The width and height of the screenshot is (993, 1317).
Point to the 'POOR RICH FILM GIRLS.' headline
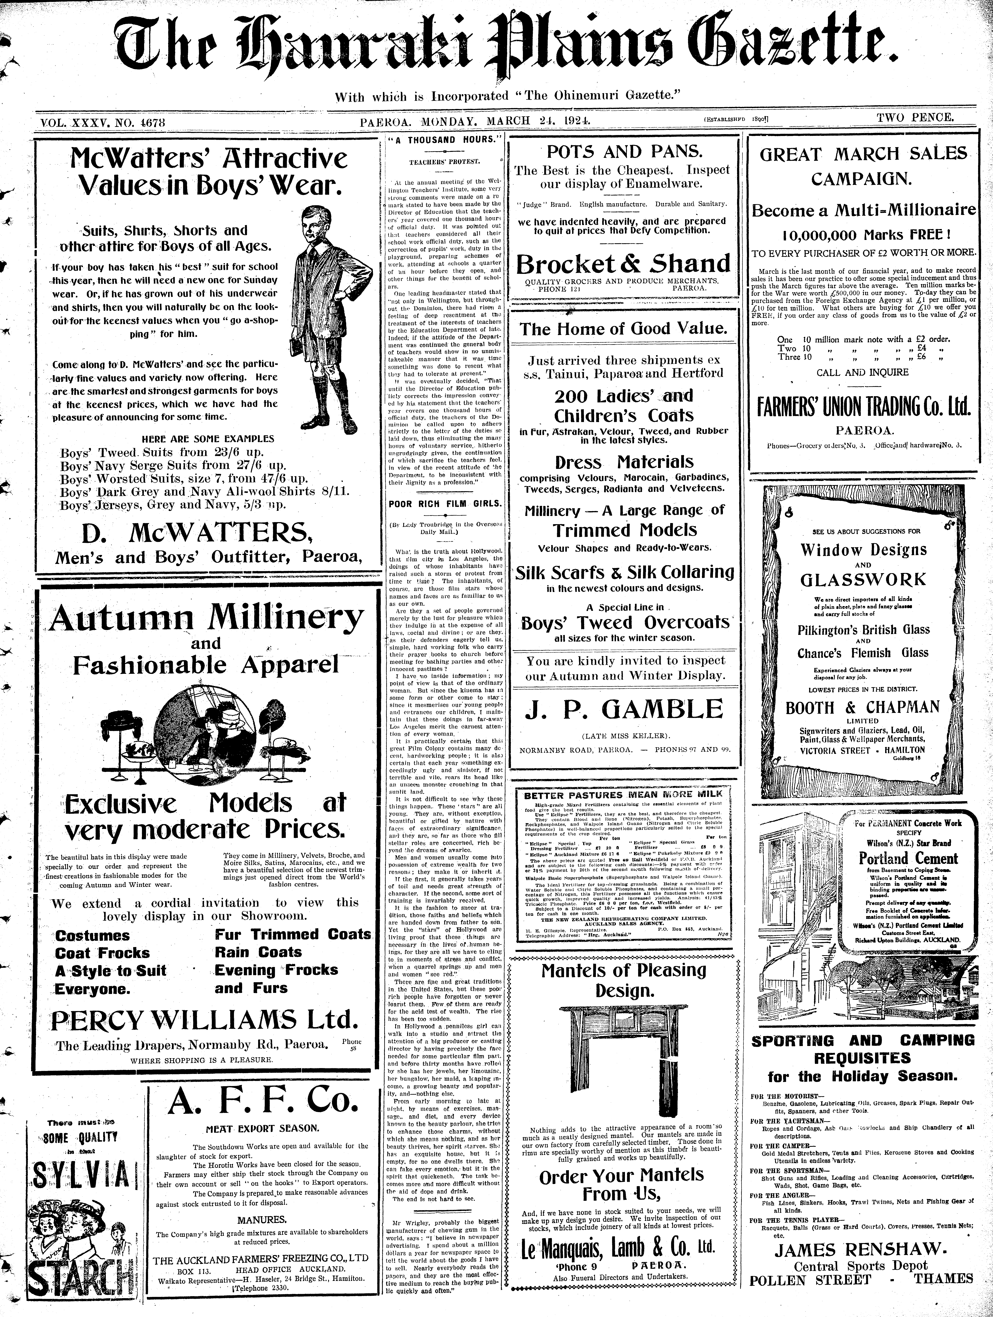pos(445,503)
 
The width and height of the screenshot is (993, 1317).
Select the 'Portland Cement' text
pos(908,858)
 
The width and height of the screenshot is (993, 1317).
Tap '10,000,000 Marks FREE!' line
pos(862,234)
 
